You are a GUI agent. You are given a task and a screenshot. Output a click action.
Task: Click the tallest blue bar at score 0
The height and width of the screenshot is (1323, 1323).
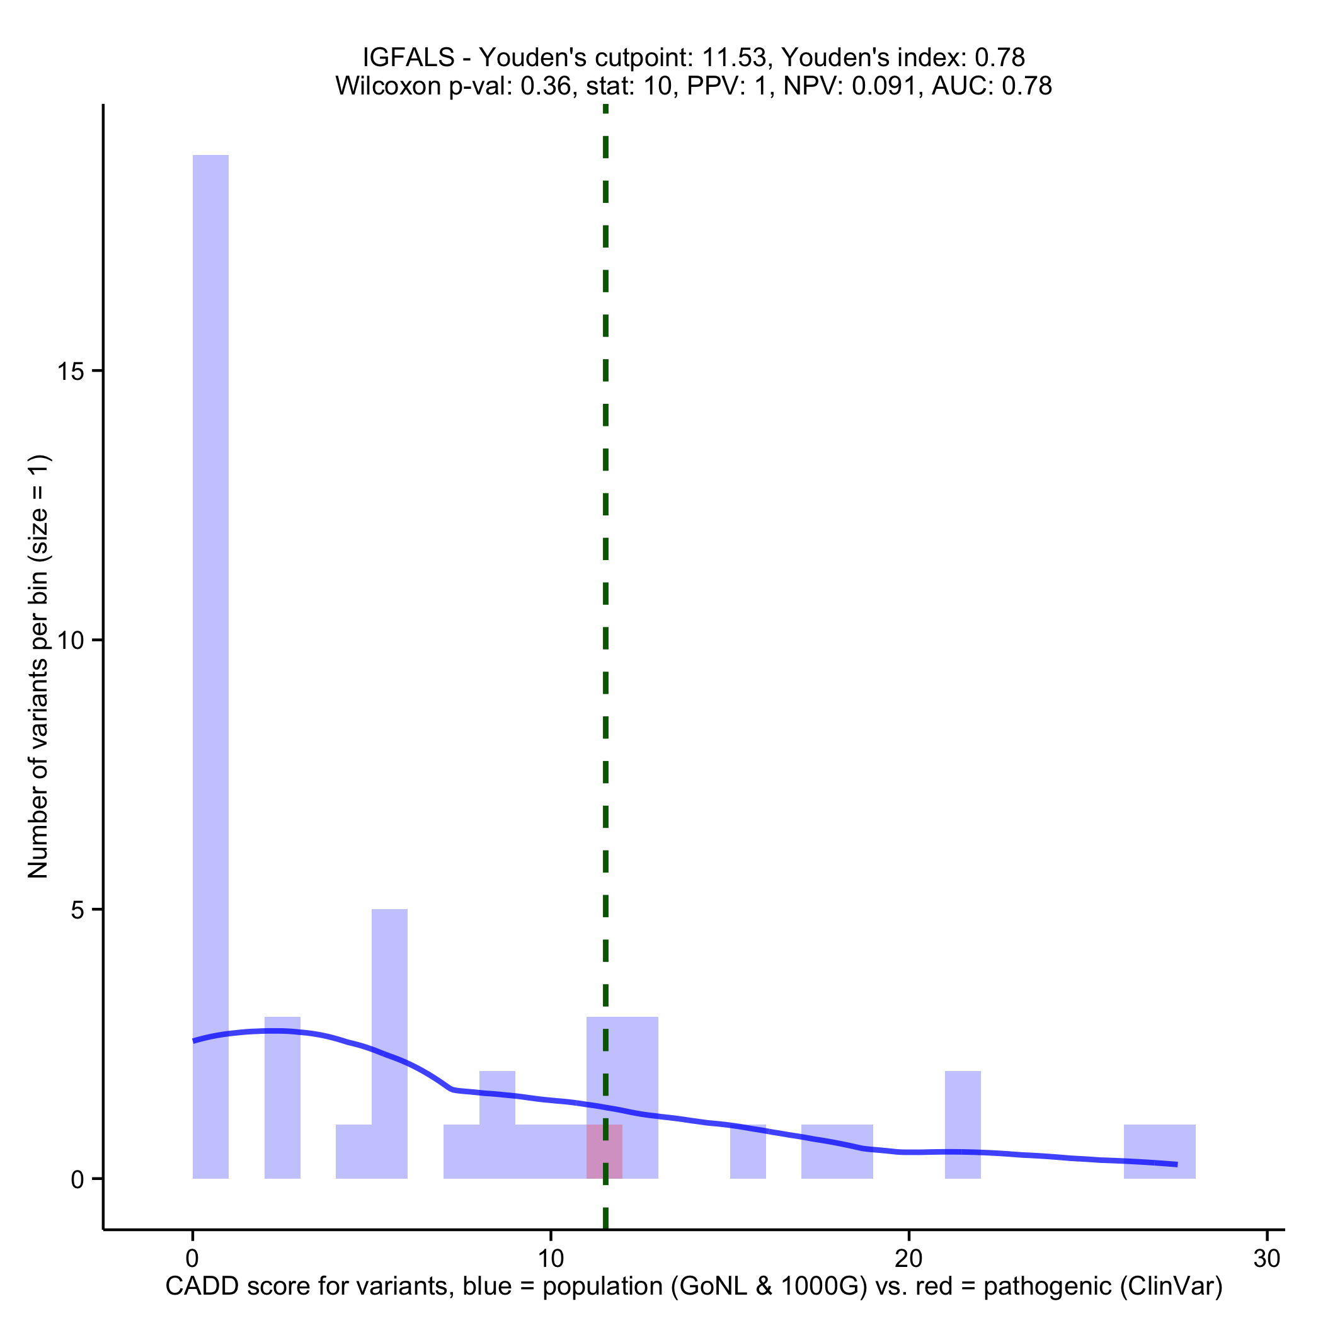pos(210,616)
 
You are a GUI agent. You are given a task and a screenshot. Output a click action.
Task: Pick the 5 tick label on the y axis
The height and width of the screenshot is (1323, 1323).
pos(77,910)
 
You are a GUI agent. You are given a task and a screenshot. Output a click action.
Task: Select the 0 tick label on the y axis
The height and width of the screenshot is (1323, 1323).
pos(77,1179)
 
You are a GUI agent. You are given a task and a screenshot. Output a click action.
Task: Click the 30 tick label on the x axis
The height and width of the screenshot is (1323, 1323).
pos(1267,1259)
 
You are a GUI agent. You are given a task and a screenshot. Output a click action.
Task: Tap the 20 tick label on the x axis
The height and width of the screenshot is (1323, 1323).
pos(908,1259)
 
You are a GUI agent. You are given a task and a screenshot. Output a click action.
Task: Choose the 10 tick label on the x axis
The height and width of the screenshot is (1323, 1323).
pos(551,1259)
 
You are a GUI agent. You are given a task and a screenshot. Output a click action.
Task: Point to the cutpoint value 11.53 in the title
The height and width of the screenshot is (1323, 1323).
pos(733,57)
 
